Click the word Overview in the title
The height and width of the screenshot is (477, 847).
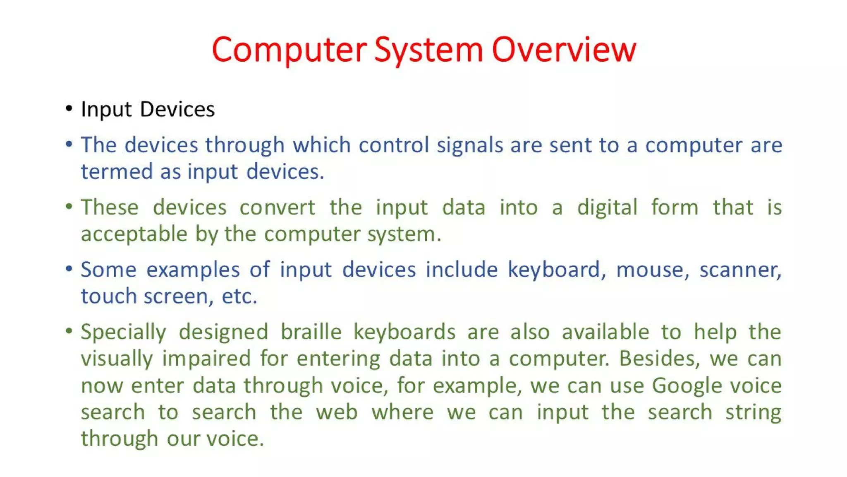click(564, 50)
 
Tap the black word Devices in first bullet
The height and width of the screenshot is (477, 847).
click(177, 109)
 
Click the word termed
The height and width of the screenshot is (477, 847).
click(117, 171)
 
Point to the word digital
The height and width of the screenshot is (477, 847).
click(607, 208)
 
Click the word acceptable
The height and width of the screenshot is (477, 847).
click(134, 234)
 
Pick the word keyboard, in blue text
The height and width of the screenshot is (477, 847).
click(557, 270)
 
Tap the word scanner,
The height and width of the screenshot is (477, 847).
click(740, 270)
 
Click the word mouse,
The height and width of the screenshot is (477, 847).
click(653, 270)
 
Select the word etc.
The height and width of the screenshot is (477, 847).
click(239, 296)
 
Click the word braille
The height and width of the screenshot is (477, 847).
click(311, 332)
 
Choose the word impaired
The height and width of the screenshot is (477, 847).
click(206, 359)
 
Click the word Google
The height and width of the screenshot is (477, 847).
click(687, 386)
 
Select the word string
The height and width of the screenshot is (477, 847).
click(753, 412)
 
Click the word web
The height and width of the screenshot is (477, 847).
click(337, 412)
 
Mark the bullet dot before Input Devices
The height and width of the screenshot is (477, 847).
click(69, 109)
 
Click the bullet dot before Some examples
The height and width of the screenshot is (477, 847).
click(69, 269)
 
